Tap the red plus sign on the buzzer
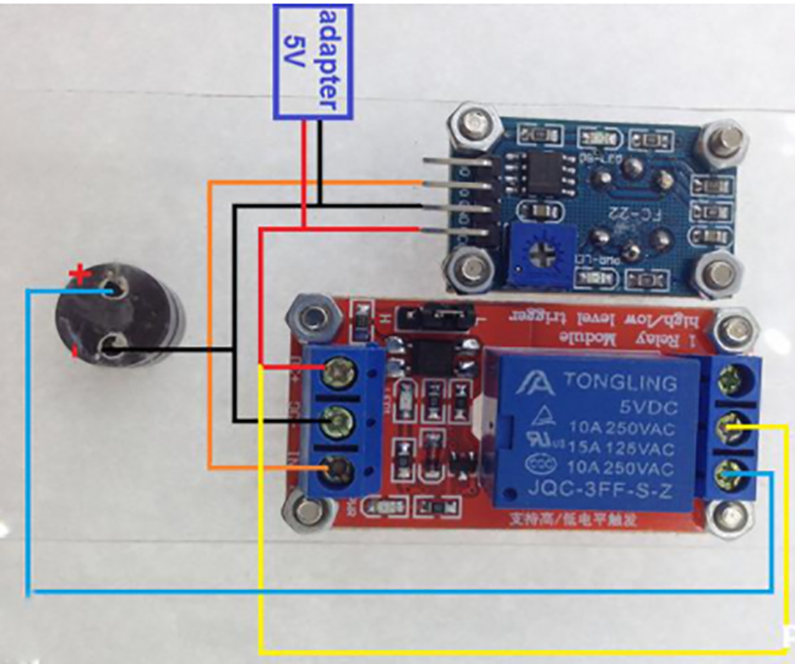(x=80, y=276)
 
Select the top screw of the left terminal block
(x=339, y=368)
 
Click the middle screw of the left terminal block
(x=338, y=421)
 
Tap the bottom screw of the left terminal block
(x=338, y=472)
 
